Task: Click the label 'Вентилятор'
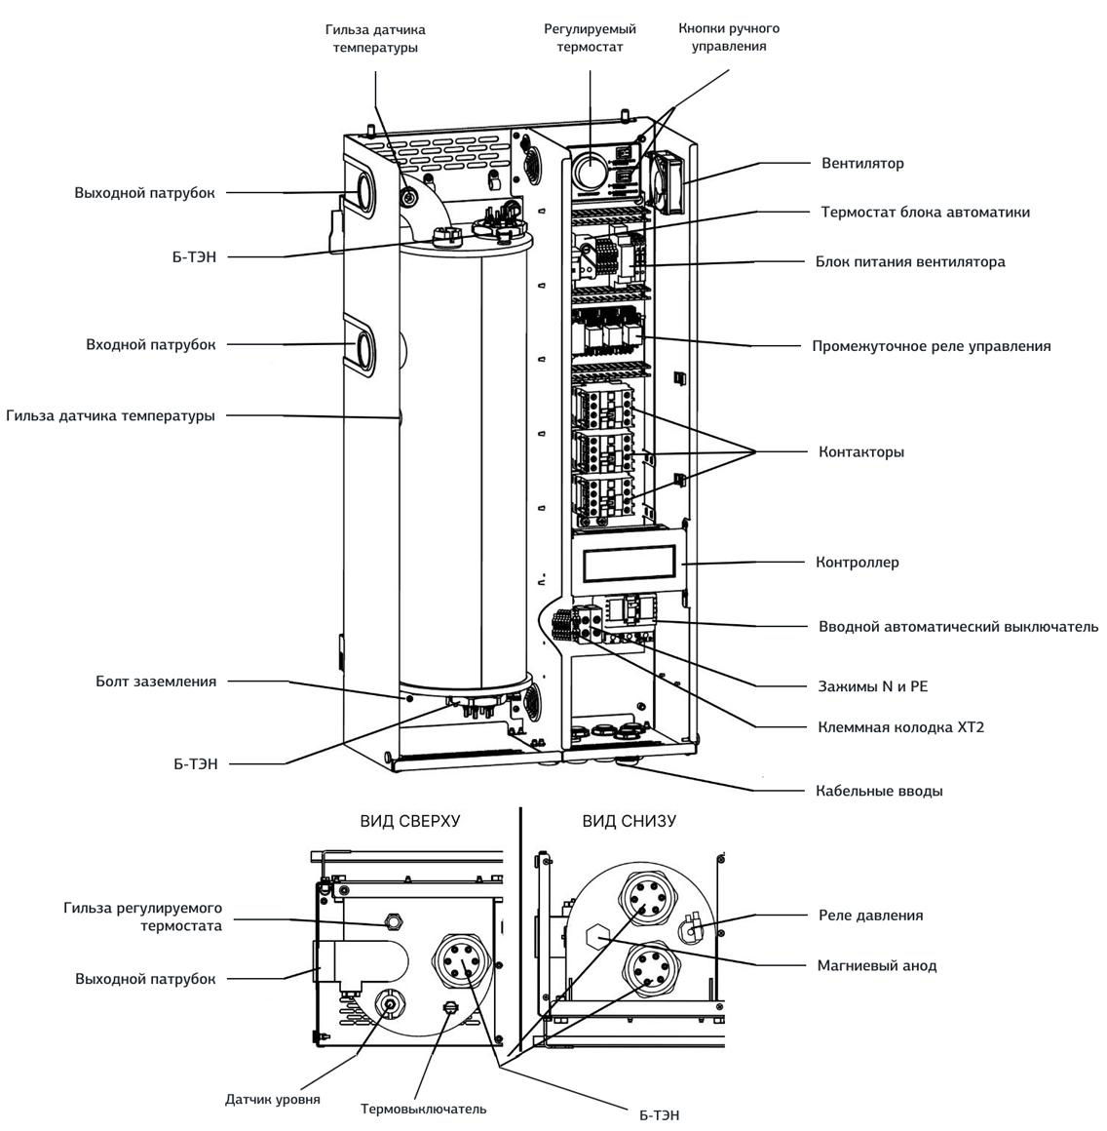862,163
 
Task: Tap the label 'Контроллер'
857,562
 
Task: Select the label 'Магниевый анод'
876,965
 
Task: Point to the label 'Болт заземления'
156,681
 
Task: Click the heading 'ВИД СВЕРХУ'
409,821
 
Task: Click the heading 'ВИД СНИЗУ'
629,821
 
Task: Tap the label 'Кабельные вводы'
879,791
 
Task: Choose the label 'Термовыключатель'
423,1109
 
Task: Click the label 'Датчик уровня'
272,1099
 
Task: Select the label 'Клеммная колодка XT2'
900,727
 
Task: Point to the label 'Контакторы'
860,452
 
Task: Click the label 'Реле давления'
870,916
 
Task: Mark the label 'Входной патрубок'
150,345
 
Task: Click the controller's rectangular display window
630,564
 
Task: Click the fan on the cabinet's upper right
664,182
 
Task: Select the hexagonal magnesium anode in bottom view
598,937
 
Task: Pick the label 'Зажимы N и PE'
872,686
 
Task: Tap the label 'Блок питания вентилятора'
909,262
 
